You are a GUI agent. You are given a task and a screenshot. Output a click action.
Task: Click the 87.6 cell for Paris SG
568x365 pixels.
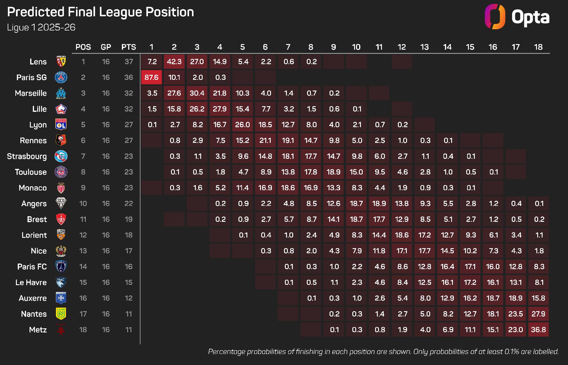point(151,77)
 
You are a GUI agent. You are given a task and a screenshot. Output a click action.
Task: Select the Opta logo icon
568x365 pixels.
point(495,17)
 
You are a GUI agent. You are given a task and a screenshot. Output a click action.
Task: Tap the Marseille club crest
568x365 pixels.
point(61,93)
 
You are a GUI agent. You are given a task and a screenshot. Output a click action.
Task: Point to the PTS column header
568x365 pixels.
point(129,47)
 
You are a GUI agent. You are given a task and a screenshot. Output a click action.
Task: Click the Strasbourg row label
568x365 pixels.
point(27,156)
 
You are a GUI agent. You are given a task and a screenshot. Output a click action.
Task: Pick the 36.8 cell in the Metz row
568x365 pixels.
point(538,330)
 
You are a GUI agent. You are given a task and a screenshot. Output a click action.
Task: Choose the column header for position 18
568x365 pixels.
point(538,47)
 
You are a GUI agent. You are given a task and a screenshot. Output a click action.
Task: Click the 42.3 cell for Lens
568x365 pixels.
point(174,62)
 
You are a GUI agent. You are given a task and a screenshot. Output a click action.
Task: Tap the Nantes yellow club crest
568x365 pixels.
point(61,314)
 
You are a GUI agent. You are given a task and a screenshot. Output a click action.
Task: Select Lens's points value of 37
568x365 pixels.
point(129,62)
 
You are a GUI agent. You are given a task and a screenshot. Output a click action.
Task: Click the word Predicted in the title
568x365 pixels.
point(36,12)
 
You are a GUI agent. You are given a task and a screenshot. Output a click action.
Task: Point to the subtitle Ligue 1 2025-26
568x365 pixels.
point(41,28)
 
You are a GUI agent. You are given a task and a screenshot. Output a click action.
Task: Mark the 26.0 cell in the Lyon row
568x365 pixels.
point(243,125)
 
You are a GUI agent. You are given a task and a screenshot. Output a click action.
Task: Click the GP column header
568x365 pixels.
point(106,47)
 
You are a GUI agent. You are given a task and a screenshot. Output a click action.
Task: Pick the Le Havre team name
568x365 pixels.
point(31,282)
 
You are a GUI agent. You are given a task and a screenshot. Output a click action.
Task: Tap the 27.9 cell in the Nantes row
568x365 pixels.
point(538,314)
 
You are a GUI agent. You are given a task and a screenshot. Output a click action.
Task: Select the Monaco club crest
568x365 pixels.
point(61,188)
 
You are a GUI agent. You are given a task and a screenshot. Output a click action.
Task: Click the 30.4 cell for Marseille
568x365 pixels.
point(197,93)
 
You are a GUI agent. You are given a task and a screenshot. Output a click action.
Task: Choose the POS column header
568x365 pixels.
point(83,47)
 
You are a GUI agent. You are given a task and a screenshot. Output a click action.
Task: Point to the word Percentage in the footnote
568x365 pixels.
point(227,352)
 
